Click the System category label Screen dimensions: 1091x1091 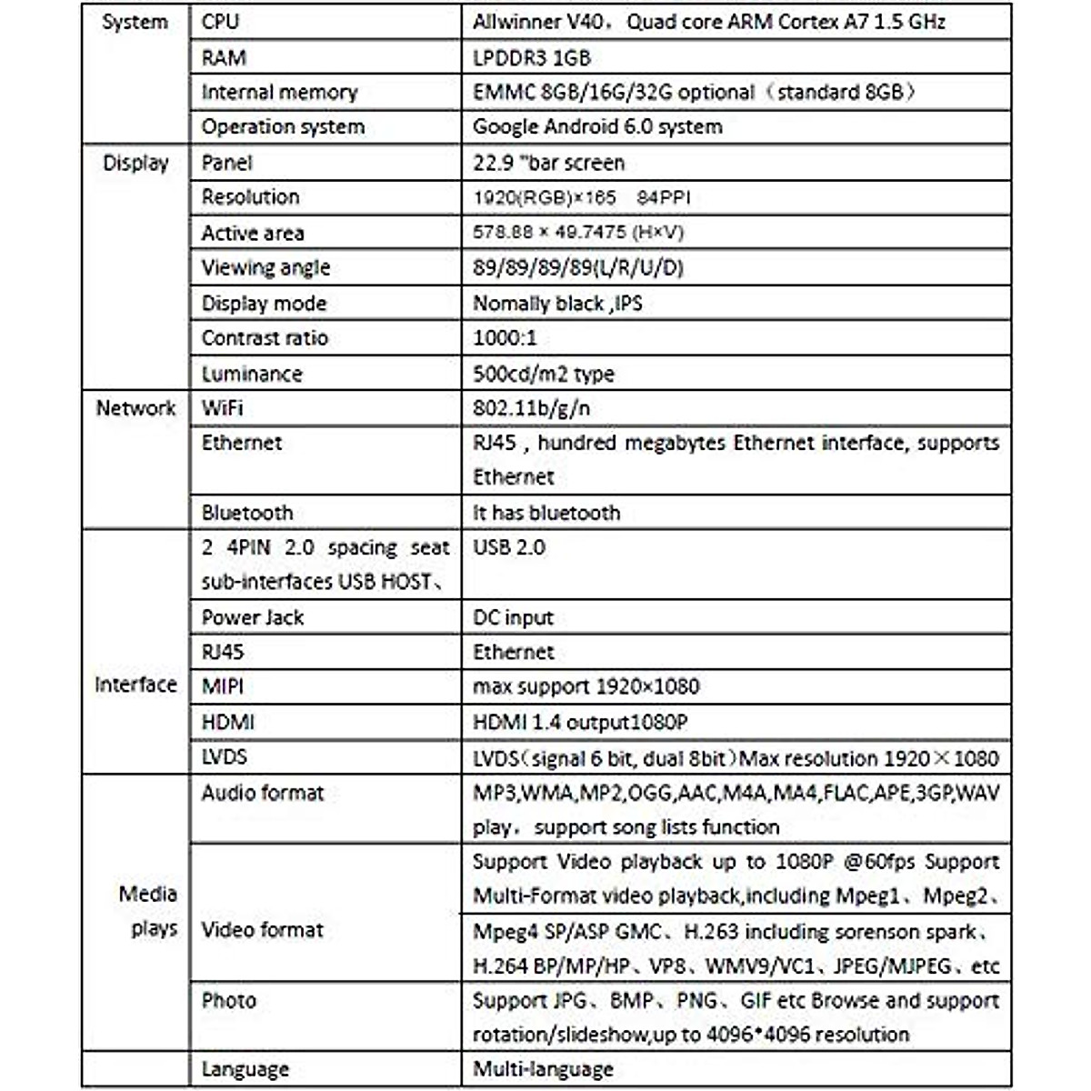tap(135, 23)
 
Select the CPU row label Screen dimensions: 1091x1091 tap(220, 22)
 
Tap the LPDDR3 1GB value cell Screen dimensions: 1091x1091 tap(532, 58)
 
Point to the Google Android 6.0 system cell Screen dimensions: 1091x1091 tap(597, 127)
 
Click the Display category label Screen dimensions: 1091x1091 tap(135, 164)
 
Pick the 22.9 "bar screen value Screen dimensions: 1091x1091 tap(548, 164)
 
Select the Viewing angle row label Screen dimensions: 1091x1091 tap(265, 268)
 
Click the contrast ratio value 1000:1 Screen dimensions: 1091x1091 tap(505, 338)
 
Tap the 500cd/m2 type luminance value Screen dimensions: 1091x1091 tap(543, 374)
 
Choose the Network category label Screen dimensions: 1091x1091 tap(135, 408)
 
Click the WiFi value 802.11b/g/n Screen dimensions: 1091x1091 tap(531, 408)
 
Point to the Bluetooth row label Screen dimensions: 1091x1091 tap(246, 513)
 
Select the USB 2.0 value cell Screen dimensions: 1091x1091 tap(508, 547)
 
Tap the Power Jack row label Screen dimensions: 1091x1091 tap(252, 617)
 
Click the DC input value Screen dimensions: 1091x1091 tap(513, 617)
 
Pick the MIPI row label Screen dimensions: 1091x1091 tap(222, 686)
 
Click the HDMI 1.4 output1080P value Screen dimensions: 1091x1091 tap(580, 723)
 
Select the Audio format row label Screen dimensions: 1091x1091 tap(262, 793)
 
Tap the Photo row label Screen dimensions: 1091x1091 tap(228, 1001)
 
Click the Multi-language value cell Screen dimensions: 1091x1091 tap(543, 1069)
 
